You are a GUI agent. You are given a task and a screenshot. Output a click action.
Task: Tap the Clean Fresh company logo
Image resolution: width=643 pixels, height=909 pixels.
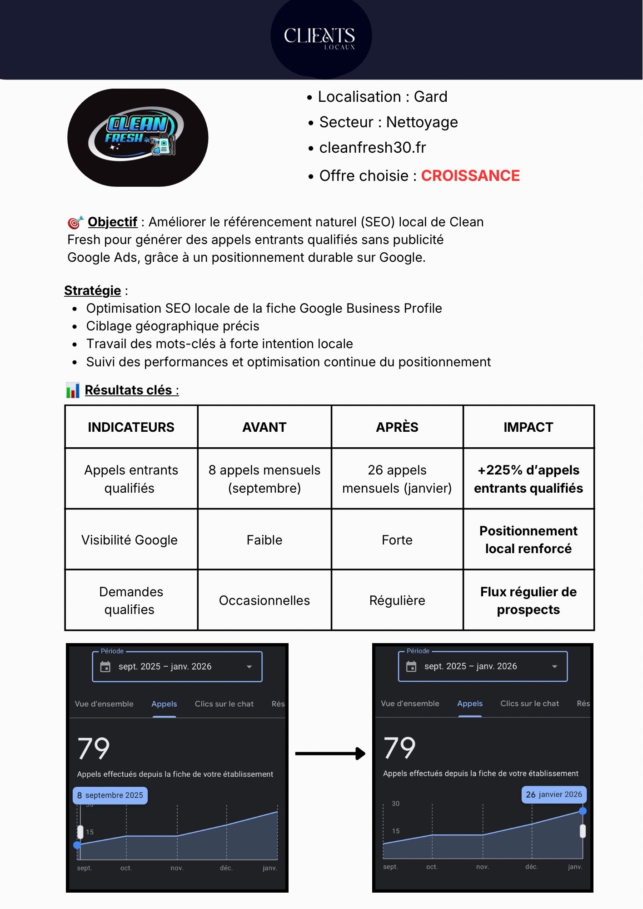[138, 137]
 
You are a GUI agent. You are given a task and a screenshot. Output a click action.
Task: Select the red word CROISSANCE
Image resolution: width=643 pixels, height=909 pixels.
[470, 176]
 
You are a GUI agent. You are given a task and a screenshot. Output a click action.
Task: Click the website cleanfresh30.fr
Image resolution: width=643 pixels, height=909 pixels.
[372, 148]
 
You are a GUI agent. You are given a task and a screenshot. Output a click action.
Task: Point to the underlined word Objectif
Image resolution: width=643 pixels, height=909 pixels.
[112, 222]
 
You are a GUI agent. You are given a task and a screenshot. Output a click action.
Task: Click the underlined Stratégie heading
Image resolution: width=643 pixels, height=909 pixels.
[92, 290]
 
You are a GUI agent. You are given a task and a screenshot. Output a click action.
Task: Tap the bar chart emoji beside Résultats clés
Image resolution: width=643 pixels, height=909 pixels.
[73, 390]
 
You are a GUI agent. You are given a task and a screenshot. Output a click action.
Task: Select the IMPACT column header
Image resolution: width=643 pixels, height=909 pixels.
[528, 427]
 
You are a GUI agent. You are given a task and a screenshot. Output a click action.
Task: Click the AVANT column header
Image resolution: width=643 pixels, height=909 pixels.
[264, 427]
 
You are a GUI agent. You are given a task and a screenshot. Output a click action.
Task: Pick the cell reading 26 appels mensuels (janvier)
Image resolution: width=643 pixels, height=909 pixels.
[397, 479]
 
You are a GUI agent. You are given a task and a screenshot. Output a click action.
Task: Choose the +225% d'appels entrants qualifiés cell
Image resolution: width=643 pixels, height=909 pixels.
[528, 479]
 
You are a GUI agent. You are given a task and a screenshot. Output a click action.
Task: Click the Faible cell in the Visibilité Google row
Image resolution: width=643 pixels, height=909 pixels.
[264, 540]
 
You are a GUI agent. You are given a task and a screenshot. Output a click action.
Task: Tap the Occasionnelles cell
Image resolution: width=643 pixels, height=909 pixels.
[264, 600]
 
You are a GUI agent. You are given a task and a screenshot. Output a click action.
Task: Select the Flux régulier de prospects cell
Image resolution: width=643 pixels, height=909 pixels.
[528, 600]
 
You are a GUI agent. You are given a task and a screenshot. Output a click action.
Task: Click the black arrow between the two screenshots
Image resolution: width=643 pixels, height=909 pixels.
[330, 754]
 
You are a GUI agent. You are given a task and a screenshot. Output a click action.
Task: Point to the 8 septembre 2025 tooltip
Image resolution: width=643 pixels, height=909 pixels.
[110, 795]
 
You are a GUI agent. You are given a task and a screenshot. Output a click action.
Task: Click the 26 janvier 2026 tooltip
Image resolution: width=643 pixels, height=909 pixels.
[553, 794]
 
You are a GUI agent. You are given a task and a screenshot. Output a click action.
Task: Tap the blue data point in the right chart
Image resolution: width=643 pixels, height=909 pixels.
[583, 811]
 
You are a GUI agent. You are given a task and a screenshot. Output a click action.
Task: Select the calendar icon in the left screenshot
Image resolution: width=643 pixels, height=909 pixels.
[105, 667]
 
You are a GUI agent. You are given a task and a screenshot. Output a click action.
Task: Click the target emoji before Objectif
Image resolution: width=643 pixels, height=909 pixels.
[75, 222]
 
